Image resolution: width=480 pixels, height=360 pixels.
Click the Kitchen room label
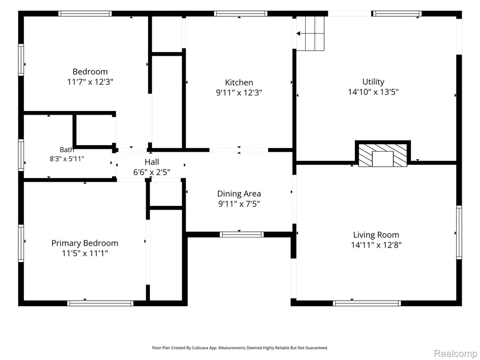pos(239,82)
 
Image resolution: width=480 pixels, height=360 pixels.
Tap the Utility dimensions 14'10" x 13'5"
pos(373,92)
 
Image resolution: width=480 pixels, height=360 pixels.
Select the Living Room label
pos(376,235)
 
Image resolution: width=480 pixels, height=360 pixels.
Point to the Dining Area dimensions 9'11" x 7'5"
pos(239,204)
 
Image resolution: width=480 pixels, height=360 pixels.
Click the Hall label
pos(152,162)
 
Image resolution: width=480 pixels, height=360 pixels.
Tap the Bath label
pos(67,150)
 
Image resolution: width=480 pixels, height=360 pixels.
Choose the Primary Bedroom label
pos(85,243)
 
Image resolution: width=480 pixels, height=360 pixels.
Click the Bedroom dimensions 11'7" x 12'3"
pos(90,82)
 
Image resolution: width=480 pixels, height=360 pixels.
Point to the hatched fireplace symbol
pos(383,155)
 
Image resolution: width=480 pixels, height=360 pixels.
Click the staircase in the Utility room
pos(310,33)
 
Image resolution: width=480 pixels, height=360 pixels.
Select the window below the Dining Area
pos(242,235)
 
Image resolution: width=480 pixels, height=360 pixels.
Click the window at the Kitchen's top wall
pos(241,14)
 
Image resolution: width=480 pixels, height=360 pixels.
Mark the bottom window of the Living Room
pos(367,303)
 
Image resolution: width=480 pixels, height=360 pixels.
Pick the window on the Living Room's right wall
pos(459,233)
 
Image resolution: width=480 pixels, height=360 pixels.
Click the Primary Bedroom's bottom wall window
pos(100,303)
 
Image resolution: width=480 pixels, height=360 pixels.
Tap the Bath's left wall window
pos(21,155)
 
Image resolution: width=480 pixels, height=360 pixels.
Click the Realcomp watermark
pos(456,353)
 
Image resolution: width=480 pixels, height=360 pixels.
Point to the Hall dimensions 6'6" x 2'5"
pos(152,172)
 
